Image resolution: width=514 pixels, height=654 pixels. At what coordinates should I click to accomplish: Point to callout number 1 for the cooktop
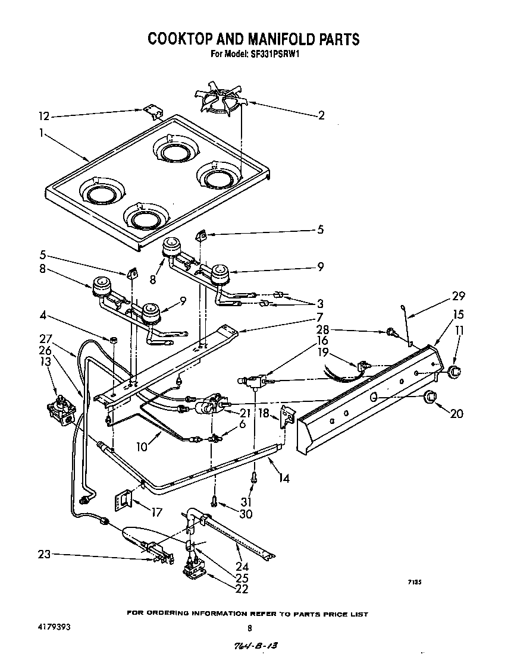pos(41,134)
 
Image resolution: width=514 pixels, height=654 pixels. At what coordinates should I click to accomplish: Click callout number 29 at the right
pos(458,296)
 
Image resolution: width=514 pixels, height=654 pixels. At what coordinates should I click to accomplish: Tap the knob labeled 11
pos(455,372)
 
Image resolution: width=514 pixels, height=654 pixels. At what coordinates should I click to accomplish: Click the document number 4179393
pos(46,627)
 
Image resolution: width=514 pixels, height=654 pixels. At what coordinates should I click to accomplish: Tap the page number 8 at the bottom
pos(250,628)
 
